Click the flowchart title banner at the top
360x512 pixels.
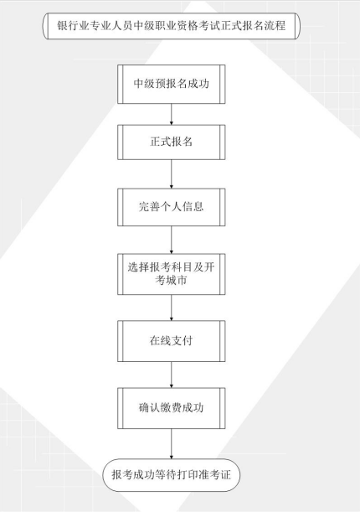[172, 26]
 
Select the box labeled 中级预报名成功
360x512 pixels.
[172, 85]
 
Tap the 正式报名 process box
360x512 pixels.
[172, 142]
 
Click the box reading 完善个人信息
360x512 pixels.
[172, 207]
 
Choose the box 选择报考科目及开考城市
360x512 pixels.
[172, 274]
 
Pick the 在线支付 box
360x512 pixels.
[172, 341]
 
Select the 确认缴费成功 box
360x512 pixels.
[172, 408]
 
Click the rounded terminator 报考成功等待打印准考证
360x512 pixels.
[172, 475]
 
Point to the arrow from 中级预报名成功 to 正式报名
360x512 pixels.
[172, 114]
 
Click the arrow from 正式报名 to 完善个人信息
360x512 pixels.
[172, 174]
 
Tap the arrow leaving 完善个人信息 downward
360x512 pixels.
[172, 240]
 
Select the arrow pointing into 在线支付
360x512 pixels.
[172, 308]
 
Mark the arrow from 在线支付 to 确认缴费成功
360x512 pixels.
[172, 375]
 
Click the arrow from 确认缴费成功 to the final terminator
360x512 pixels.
[172, 444]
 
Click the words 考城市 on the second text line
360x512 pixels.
[171, 280]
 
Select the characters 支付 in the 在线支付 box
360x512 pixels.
[183, 340]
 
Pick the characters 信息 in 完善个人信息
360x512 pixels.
[193, 206]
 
